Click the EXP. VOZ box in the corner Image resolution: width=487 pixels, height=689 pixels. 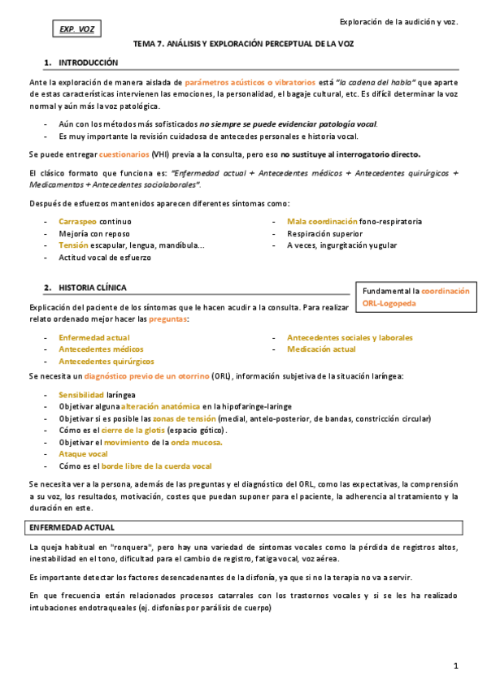point(77,30)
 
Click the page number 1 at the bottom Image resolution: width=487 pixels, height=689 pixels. point(456,666)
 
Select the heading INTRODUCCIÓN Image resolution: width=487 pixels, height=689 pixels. point(88,63)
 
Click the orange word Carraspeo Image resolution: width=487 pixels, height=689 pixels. point(78,221)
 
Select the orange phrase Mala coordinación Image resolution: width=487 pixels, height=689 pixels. point(322,221)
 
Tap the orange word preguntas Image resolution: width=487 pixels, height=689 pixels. point(167,319)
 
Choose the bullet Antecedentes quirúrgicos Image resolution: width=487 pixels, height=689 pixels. point(107,361)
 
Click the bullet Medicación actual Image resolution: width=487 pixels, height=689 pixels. point(321,349)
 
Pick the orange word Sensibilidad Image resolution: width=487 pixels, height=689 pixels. point(80,393)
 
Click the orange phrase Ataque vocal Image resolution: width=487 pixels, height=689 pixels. point(83,454)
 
